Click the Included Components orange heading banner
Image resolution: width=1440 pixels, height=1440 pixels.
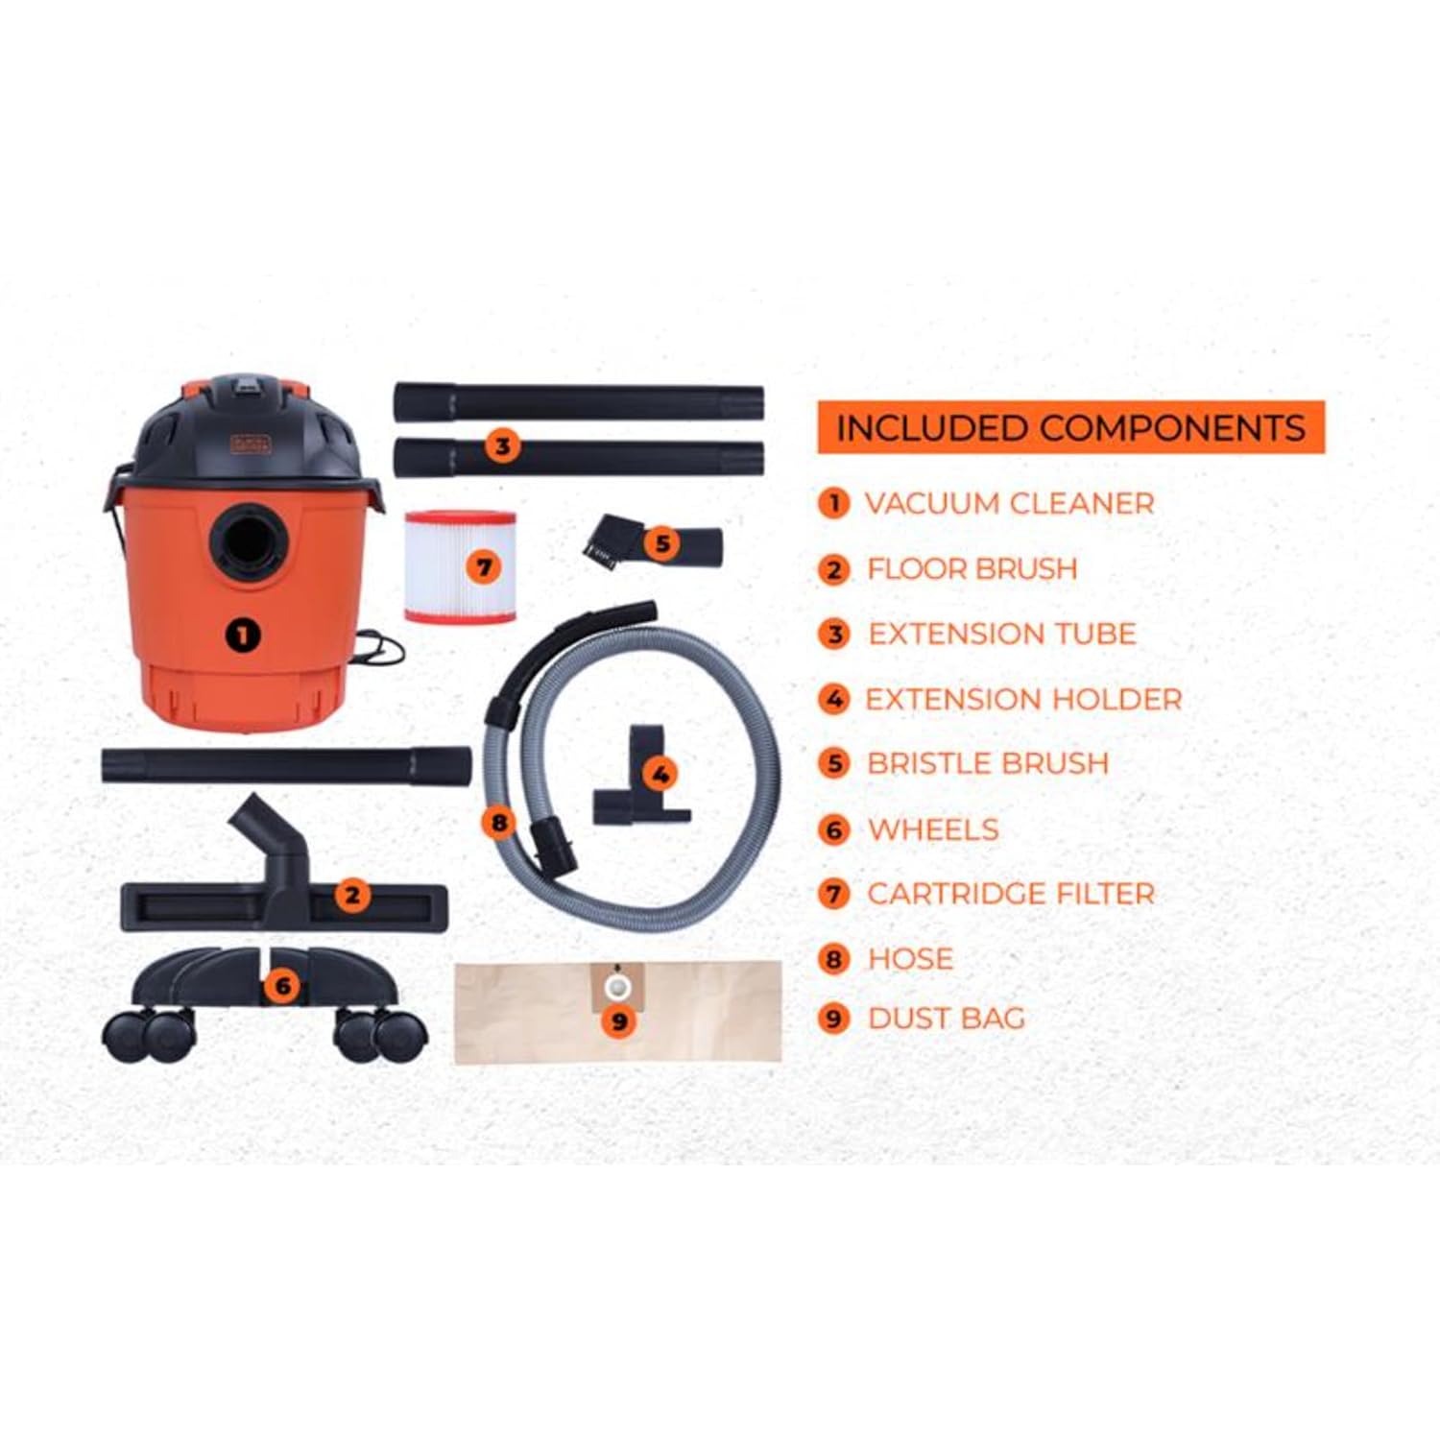[x=1070, y=427]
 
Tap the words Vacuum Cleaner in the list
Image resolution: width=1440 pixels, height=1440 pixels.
[x=1009, y=503]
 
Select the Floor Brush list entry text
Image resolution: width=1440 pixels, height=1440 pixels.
[x=972, y=568]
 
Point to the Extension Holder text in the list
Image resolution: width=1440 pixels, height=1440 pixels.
[x=1023, y=699]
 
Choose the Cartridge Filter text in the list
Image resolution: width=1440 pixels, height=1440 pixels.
[x=1011, y=894]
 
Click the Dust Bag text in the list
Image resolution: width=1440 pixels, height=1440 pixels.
[x=947, y=1018]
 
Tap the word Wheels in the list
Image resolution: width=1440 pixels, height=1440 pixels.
[x=933, y=829]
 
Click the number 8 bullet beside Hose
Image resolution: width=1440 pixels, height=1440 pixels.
[x=834, y=959]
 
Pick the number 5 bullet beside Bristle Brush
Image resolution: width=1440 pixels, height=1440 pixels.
[x=834, y=764]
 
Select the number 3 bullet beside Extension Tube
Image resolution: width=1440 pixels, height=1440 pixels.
[x=834, y=635]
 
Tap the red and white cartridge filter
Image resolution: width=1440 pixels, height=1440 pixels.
[x=460, y=567]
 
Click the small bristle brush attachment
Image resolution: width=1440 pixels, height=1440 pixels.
[x=651, y=543]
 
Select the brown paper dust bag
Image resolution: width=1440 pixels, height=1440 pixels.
[x=617, y=1012]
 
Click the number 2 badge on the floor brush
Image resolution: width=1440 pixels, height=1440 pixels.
[x=352, y=895]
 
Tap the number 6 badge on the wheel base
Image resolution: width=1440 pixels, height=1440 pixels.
[x=282, y=986]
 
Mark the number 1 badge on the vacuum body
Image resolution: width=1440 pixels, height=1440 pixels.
[x=243, y=635]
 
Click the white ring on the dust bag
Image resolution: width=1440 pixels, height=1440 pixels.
[x=615, y=986]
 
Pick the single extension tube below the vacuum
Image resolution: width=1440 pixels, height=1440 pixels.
[x=286, y=767]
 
